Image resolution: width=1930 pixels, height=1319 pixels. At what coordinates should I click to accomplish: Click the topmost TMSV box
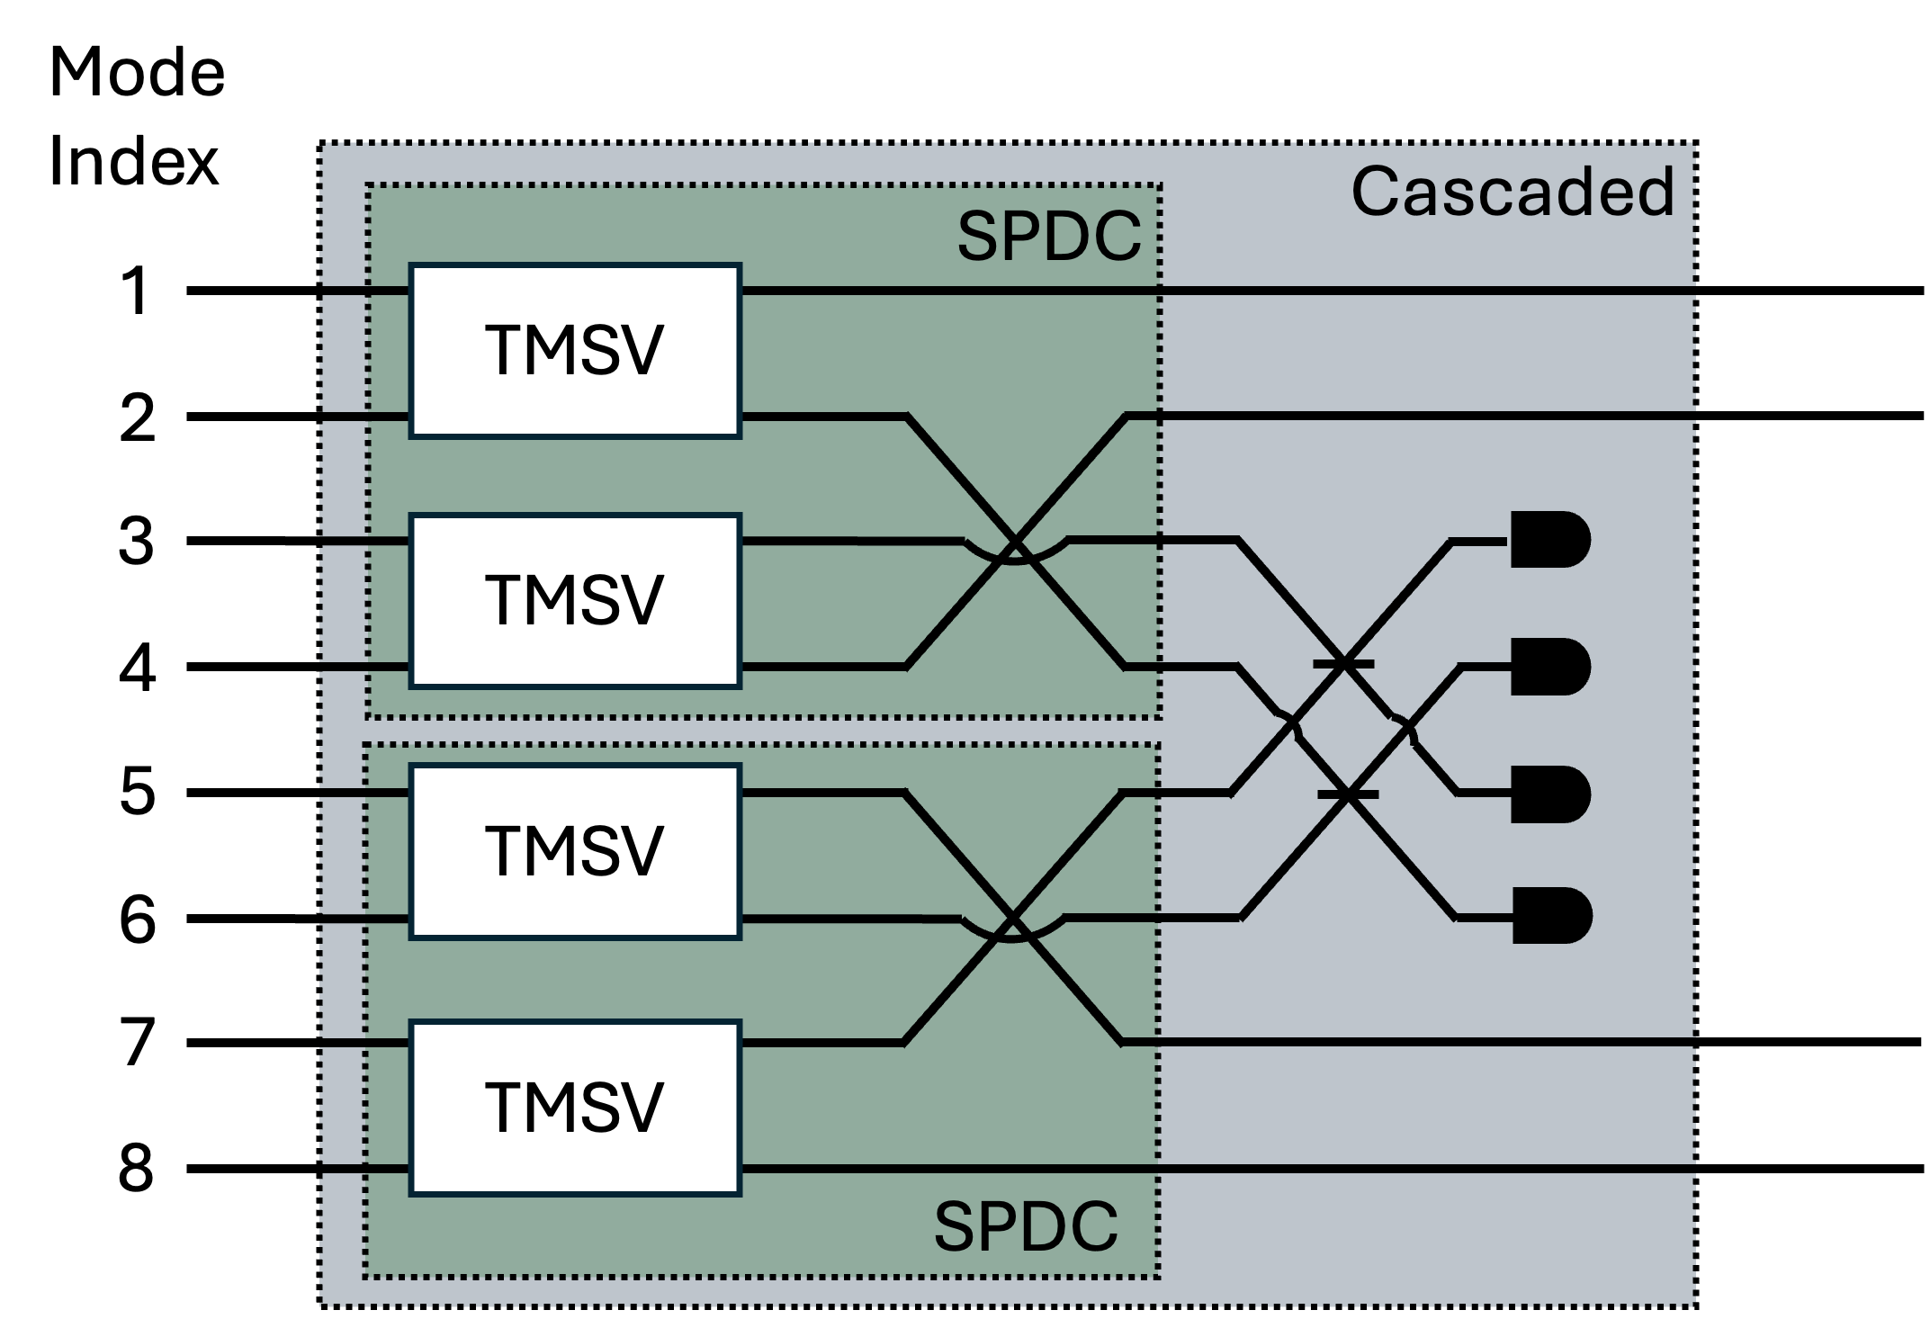575,351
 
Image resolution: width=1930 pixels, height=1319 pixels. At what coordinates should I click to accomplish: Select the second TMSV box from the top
575,601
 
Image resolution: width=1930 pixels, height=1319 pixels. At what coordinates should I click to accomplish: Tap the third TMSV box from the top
575,851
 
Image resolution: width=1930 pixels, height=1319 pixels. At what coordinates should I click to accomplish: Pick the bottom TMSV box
575,1108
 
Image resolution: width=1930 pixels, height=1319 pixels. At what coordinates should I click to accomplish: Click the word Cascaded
1513,193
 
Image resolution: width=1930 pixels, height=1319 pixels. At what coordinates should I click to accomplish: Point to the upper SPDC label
1049,238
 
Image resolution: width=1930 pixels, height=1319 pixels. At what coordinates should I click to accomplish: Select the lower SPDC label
1027,1227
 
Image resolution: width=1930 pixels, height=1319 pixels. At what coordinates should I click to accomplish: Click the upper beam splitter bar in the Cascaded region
1343,664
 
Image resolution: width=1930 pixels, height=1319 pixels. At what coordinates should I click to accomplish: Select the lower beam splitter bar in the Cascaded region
1347,794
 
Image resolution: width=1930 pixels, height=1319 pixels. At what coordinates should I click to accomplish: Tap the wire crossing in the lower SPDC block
1013,919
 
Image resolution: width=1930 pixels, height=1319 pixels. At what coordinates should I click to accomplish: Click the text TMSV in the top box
575,351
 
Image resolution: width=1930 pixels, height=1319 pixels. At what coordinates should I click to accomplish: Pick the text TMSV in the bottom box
575,1108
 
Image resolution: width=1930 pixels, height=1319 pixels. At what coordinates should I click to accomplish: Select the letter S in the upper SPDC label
978,238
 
